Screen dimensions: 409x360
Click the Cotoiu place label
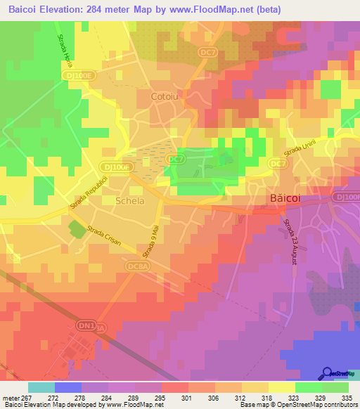166,96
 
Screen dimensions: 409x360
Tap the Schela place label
129,201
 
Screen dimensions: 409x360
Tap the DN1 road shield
84,326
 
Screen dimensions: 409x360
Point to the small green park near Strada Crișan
75,228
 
